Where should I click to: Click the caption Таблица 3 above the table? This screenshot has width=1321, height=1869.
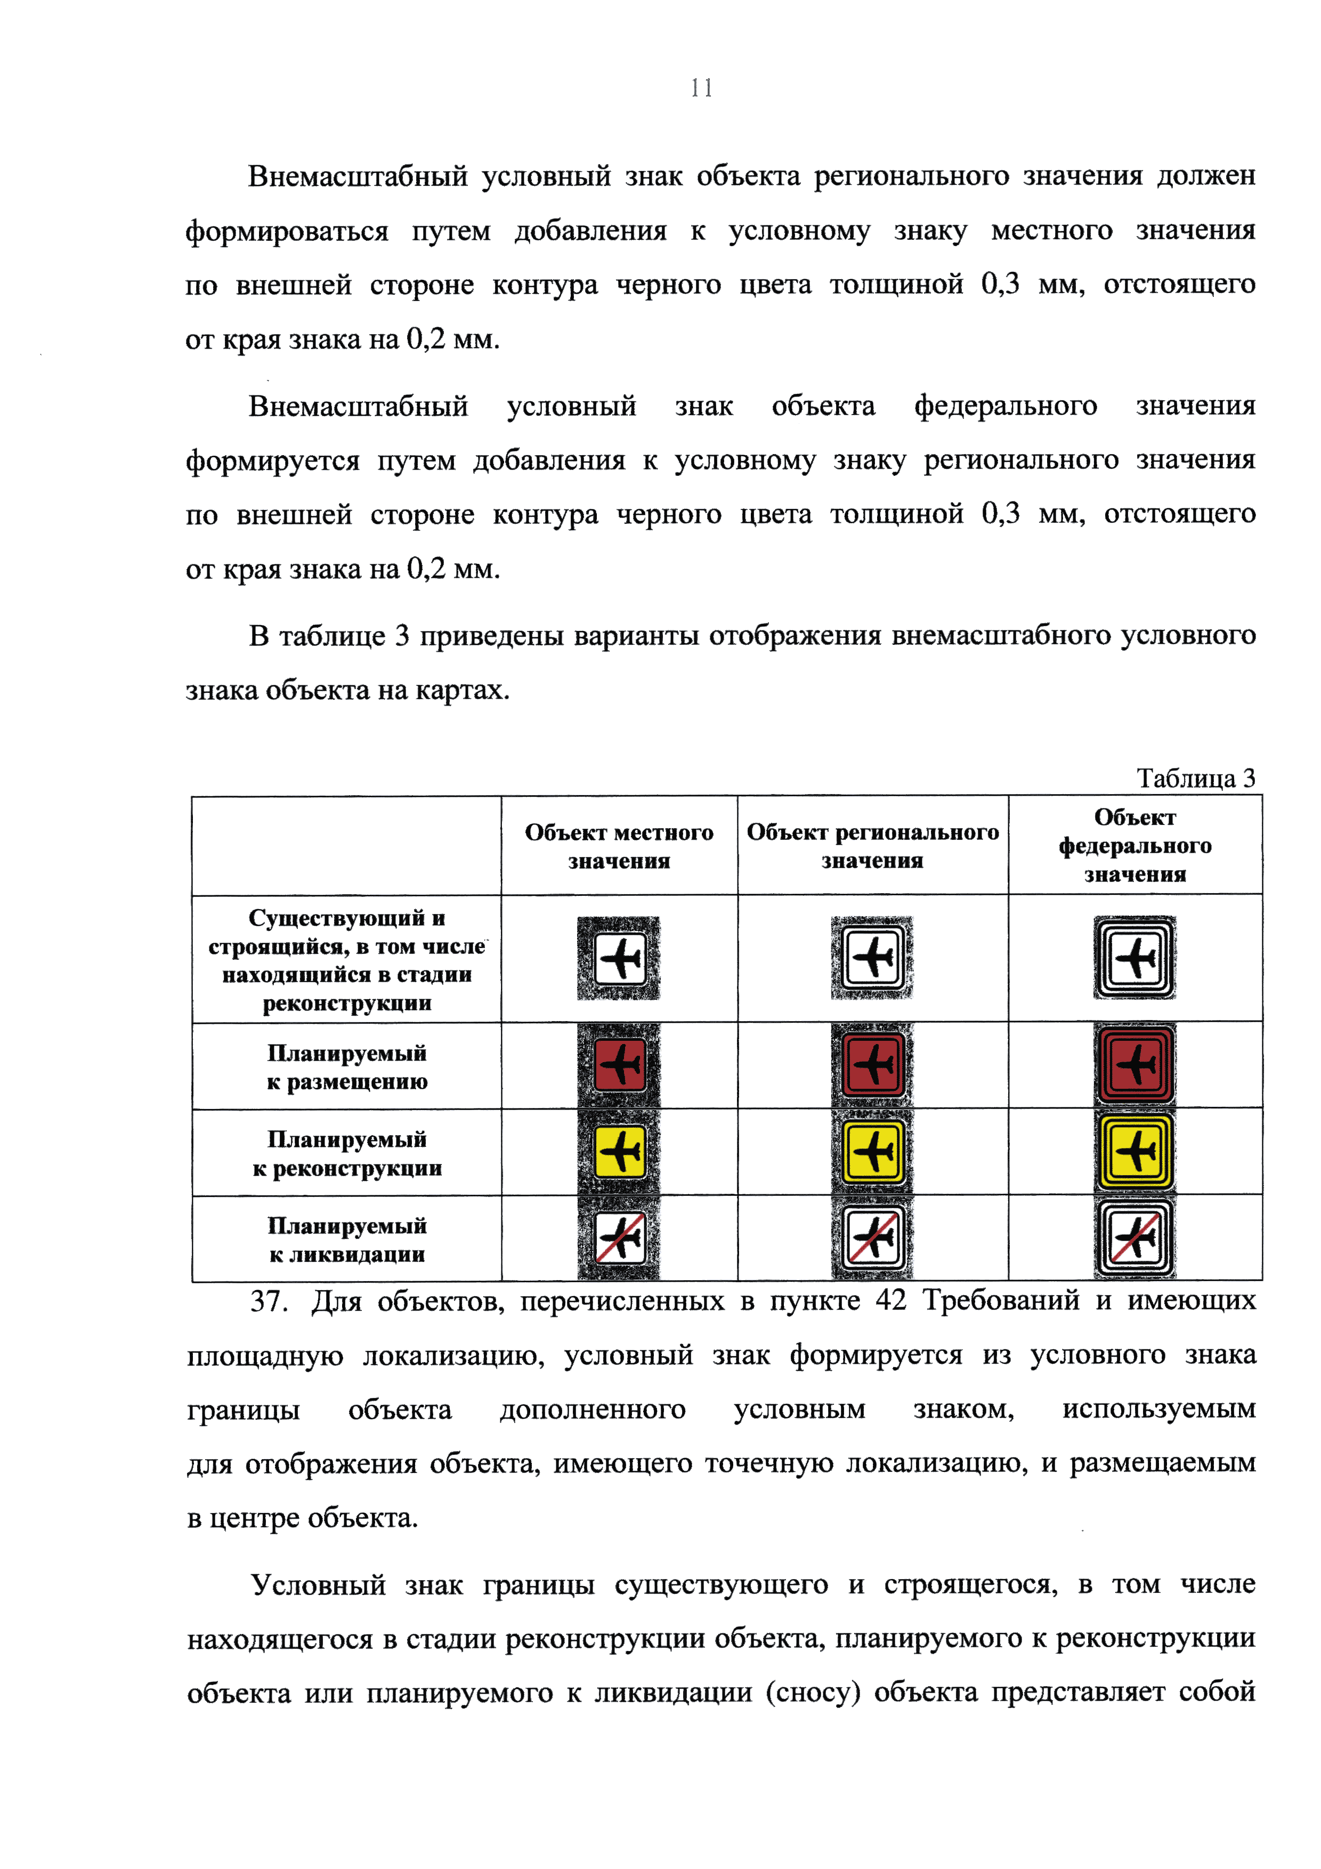1195,778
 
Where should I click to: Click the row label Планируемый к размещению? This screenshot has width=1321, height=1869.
347,1066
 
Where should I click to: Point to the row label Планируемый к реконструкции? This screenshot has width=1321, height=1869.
347,1153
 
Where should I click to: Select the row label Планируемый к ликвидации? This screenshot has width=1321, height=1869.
347,1239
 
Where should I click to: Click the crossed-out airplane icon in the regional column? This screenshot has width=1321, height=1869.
872,1237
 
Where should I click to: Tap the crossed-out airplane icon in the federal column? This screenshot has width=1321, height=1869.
1134,1237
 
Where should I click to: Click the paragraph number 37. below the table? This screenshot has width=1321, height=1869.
269,1301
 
